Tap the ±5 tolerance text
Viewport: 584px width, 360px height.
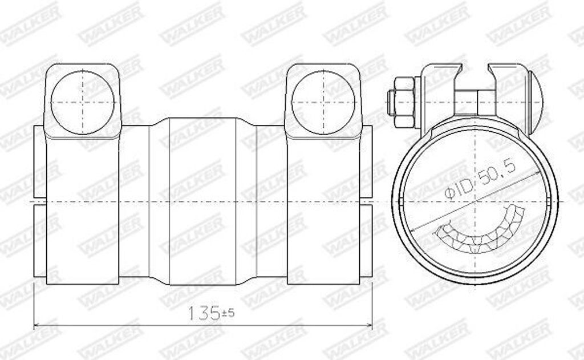click(228, 312)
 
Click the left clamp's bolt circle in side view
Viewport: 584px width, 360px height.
click(82, 103)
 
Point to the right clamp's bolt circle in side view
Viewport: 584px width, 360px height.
click(323, 103)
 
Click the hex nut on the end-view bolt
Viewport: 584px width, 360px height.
click(404, 102)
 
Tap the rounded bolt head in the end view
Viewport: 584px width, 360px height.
click(535, 102)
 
